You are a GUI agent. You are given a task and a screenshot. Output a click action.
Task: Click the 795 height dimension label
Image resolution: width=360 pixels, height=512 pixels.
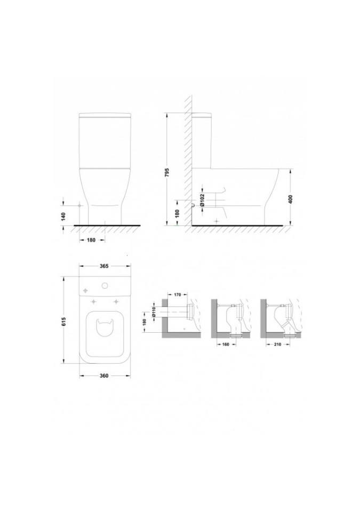(x=166, y=173)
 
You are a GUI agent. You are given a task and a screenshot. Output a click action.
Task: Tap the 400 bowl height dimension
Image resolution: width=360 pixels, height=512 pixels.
(x=291, y=199)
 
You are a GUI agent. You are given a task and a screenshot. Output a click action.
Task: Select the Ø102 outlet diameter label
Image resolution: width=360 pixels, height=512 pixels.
(x=203, y=200)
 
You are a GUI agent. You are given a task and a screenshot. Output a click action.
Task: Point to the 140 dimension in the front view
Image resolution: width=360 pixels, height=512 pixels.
(x=63, y=216)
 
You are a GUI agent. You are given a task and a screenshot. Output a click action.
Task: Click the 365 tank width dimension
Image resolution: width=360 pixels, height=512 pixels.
(x=104, y=266)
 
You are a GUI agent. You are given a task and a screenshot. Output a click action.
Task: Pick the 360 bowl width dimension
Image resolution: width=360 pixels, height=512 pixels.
(x=104, y=376)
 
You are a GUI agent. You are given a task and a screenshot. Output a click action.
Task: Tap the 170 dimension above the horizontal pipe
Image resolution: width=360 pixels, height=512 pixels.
(x=177, y=295)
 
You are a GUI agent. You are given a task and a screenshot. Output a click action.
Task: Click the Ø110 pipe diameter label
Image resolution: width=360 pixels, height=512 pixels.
(x=154, y=313)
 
